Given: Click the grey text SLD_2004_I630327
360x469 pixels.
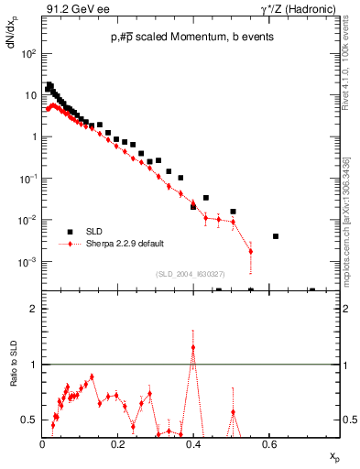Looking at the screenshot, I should tap(191, 274).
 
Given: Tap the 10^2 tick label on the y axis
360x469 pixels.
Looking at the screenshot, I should tap(28, 53).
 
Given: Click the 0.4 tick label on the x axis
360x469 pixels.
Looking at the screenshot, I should tap(193, 443).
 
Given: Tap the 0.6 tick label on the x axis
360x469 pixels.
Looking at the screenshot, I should tap(269, 443).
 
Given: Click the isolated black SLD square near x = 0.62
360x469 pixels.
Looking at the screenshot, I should tap(276, 236).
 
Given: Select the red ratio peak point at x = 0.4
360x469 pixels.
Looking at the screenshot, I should tap(192, 347).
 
